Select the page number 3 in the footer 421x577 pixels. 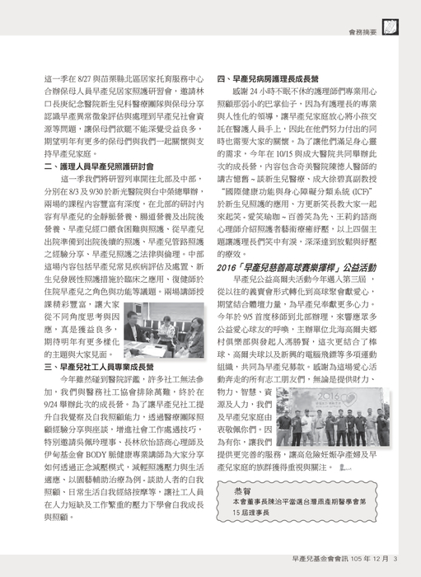point(395,560)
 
